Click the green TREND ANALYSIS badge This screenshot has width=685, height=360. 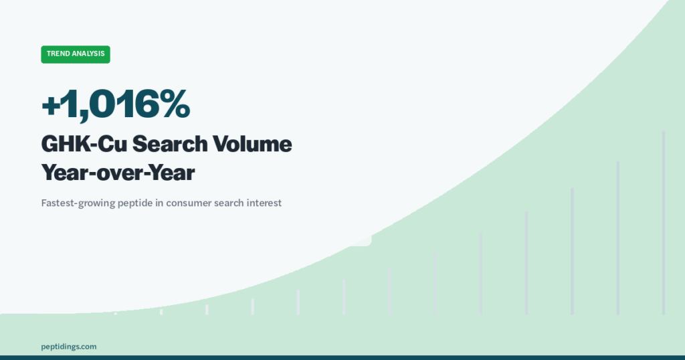(x=76, y=54)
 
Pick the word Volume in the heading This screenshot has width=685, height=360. (x=254, y=144)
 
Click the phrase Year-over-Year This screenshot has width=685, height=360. (x=118, y=173)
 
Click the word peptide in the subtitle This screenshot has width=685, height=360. (x=148, y=203)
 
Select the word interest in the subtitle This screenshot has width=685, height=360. (x=264, y=203)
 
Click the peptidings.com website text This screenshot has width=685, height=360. (x=69, y=346)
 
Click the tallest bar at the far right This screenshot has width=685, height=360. (x=664, y=222)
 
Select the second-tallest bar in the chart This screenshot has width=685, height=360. (x=618, y=238)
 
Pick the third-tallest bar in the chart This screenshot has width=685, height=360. (x=573, y=251)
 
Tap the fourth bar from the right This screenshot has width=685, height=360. (x=527, y=262)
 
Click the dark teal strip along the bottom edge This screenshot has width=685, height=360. (x=342, y=357)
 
